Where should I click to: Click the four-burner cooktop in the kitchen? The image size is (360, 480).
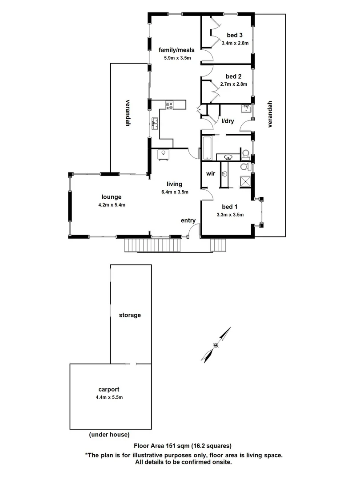click(x=170, y=105)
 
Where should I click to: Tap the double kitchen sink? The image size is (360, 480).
click(x=155, y=123)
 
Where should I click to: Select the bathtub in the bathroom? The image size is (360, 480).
click(x=208, y=148)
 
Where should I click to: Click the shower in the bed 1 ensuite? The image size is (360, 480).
click(x=245, y=181)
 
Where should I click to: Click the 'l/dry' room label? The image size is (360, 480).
click(x=228, y=121)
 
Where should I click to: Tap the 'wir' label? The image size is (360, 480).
click(x=210, y=174)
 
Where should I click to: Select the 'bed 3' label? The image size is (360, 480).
click(x=234, y=35)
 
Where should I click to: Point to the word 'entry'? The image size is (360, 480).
click(x=188, y=220)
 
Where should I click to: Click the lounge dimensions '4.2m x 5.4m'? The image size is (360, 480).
click(x=111, y=205)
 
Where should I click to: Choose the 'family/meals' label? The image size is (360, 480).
click(x=176, y=50)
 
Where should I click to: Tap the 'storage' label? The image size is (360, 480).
click(x=130, y=315)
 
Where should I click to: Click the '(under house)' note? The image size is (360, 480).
click(x=109, y=434)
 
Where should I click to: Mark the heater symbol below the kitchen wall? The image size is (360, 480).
click(x=163, y=153)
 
